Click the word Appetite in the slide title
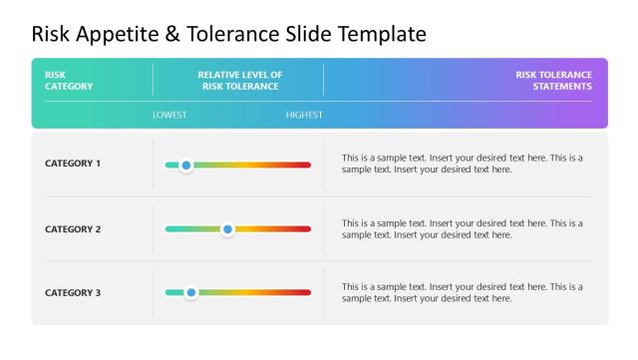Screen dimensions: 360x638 point(123,34)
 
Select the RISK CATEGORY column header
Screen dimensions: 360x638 point(69,80)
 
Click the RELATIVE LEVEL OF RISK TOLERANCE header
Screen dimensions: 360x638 point(239,80)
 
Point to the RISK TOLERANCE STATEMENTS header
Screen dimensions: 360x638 point(553,80)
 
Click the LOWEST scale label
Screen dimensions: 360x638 point(169,115)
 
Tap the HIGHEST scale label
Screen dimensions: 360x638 point(304,115)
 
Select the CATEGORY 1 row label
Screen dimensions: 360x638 point(73,163)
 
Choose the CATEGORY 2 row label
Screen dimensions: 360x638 point(73,229)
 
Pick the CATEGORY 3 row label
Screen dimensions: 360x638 point(73,293)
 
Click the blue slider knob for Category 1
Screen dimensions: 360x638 point(185,165)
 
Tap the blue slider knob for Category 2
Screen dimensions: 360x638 point(227,229)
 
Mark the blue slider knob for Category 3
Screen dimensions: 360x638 point(191,293)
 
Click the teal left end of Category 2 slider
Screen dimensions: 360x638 point(170,229)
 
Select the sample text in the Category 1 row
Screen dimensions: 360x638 point(462,164)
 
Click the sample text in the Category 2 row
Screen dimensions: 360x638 point(462,229)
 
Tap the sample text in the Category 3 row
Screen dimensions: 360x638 point(462,292)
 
